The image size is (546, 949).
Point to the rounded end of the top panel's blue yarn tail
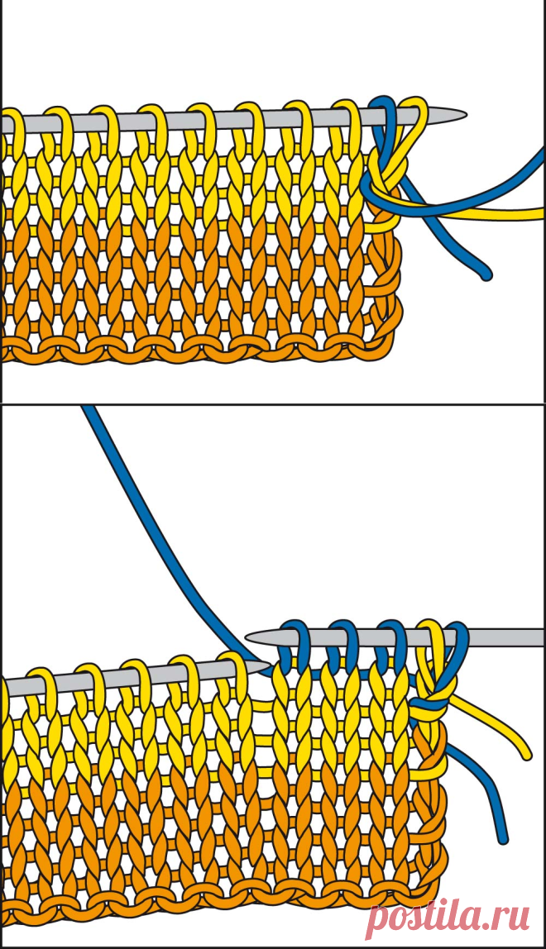tap(486, 274)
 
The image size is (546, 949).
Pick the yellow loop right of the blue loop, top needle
tap(415, 118)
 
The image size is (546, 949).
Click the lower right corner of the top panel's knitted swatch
tap(388, 357)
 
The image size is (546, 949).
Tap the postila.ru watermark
tap(448, 918)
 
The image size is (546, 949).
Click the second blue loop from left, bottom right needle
tap(342, 641)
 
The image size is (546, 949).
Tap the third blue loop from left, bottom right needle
tap(390, 641)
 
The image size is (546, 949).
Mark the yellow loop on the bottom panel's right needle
tap(430, 641)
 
